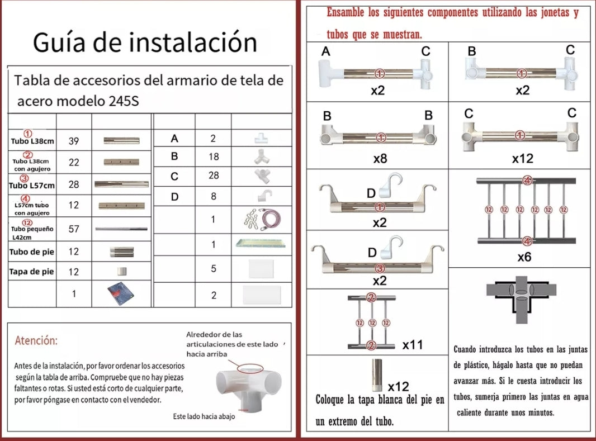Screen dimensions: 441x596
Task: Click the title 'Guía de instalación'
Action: pyautogui.click(x=145, y=42)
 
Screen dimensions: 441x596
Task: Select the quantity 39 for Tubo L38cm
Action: pyautogui.click(x=73, y=141)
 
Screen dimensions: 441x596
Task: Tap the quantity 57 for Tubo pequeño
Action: pyautogui.click(x=73, y=229)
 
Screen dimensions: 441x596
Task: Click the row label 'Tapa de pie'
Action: pyautogui.click(x=31, y=272)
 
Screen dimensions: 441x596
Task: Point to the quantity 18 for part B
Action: pyautogui.click(x=214, y=157)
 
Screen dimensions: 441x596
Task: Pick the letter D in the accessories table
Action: pyautogui.click(x=174, y=196)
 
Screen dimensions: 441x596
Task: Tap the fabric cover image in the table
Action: pyautogui.click(x=121, y=293)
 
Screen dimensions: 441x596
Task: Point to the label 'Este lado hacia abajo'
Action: pyautogui.click(x=204, y=416)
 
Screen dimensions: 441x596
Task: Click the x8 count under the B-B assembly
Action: pyautogui.click(x=380, y=159)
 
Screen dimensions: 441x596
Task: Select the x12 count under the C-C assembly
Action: pyautogui.click(x=522, y=159)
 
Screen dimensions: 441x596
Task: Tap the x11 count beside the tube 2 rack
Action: pyautogui.click(x=413, y=345)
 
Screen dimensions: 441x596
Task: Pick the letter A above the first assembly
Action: pyautogui.click(x=326, y=51)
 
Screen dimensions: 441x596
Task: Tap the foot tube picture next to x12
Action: pyautogui.click(x=377, y=375)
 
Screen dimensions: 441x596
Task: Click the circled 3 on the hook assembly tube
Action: pyautogui.click(x=379, y=269)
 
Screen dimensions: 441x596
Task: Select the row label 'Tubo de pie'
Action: pyautogui.click(x=31, y=252)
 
